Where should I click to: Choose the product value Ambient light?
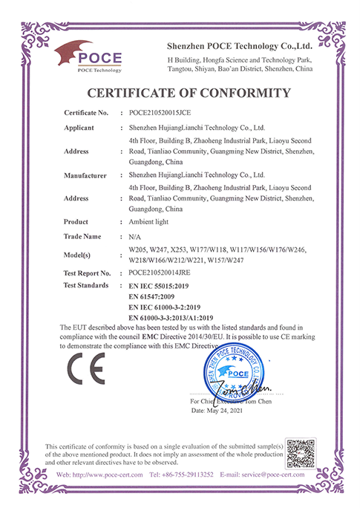[x=151, y=222]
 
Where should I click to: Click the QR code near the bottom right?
[x=301, y=453]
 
